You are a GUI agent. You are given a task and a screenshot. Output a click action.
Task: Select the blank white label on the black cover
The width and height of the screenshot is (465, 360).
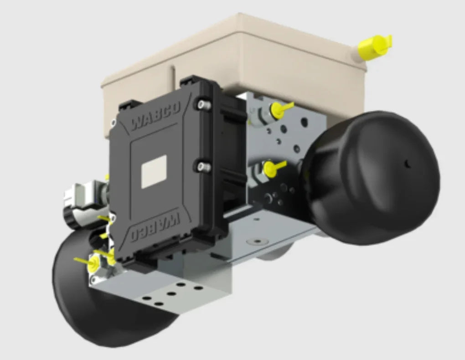(154, 171)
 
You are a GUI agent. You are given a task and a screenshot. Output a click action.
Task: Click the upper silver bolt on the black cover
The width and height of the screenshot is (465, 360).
(201, 105)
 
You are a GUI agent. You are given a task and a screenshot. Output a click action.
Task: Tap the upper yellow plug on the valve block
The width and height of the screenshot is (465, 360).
(278, 109)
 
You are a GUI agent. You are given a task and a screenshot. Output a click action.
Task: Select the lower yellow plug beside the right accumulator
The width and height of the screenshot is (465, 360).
(272, 167)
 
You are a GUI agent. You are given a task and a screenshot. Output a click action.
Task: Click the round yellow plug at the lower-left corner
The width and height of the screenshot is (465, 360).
(93, 263)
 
